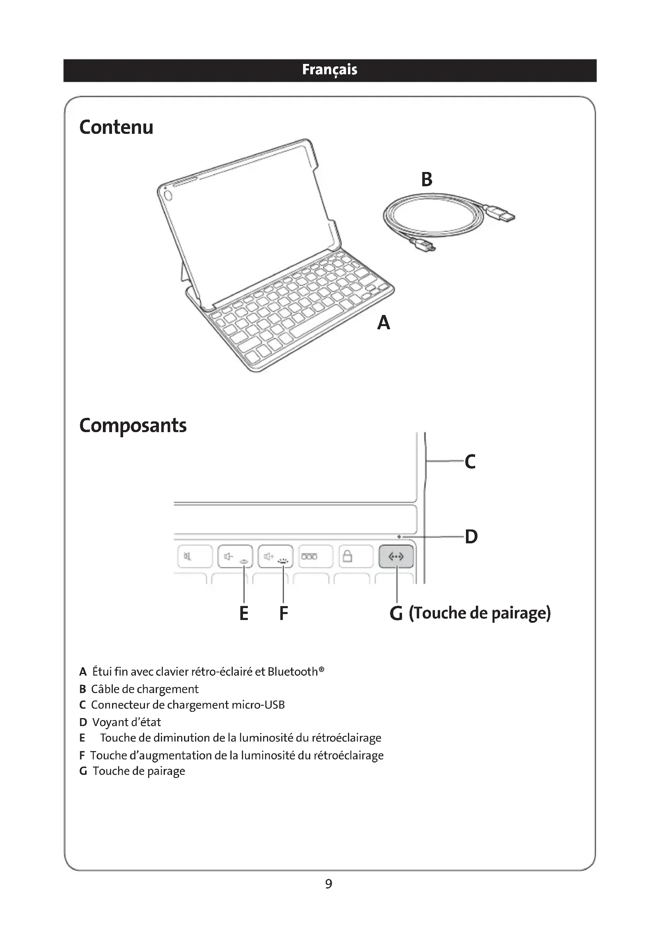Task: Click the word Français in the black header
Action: click(x=329, y=70)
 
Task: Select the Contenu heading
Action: click(x=116, y=127)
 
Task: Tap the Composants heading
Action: click(x=133, y=425)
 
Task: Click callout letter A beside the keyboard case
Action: click(x=384, y=323)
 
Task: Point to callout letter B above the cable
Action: click(x=427, y=179)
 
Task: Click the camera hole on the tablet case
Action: click(x=168, y=195)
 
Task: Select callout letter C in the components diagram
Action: click(x=470, y=462)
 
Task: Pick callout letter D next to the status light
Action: click(x=471, y=537)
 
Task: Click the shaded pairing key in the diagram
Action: click(x=396, y=557)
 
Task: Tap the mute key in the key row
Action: click(x=195, y=557)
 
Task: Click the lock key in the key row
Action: click(x=356, y=557)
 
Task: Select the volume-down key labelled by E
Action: click(x=235, y=557)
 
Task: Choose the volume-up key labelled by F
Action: click(x=275, y=557)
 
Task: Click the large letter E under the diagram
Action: click(x=243, y=613)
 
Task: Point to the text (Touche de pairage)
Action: click(x=479, y=613)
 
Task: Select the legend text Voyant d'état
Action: click(x=126, y=722)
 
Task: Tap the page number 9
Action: click(x=328, y=884)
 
